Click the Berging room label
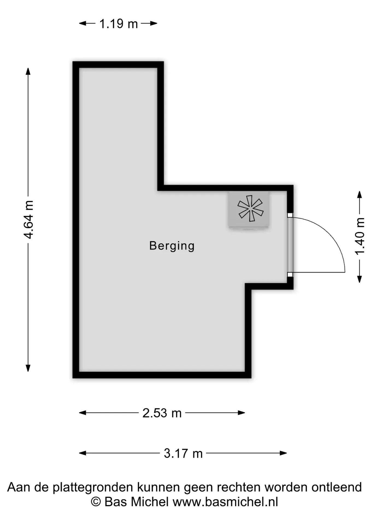pos(172,246)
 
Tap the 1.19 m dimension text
pos(119,24)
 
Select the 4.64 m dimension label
pos(29,219)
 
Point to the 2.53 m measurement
pos(162,413)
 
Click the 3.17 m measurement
pos(183,453)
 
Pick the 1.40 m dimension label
pos(360,236)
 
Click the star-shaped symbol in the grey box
pos(250,208)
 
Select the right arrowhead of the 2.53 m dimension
pos(242,413)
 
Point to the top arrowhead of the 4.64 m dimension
pos(28,71)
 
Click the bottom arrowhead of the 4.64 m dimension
pos(28,368)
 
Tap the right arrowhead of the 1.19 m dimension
pos(154,23)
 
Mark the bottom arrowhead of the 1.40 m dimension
pos(360,279)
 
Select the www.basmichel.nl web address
pos(225,502)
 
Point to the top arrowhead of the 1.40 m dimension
pos(360,195)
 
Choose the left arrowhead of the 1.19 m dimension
pos(83,23)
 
